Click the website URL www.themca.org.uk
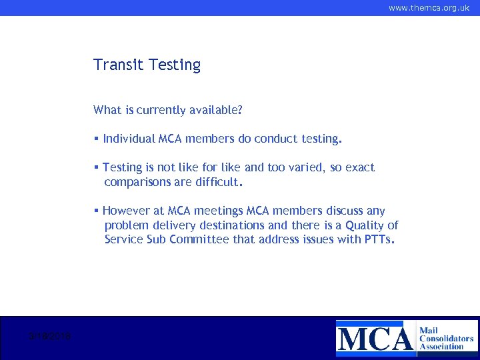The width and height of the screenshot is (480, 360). [429, 8]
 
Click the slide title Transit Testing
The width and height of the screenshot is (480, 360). [147, 65]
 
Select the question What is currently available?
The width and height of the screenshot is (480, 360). [167, 109]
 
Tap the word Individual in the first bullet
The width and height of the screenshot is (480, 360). [129, 139]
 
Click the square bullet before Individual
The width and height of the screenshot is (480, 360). [97, 139]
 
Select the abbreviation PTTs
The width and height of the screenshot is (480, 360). [379, 239]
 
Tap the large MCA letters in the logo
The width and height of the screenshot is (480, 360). [375, 337]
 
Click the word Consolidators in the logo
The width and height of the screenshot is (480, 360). [447, 338]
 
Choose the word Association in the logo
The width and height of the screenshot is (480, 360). [441, 347]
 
